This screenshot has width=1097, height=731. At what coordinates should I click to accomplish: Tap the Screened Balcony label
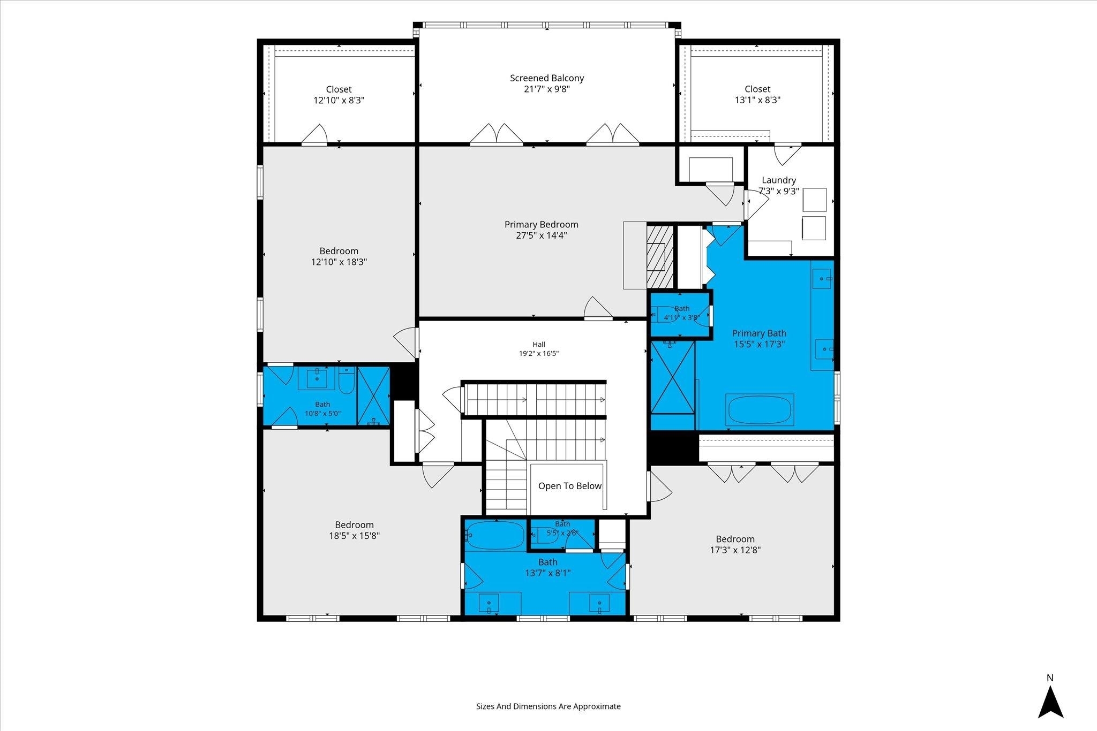pyautogui.click(x=547, y=78)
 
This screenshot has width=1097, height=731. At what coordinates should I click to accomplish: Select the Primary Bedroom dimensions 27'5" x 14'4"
pyautogui.click(x=541, y=235)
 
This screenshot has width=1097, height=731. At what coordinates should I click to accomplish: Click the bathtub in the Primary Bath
pyautogui.click(x=760, y=410)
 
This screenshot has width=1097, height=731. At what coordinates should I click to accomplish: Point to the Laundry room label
pyautogui.click(x=779, y=180)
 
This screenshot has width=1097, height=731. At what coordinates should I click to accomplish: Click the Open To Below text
pyautogui.click(x=570, y=486)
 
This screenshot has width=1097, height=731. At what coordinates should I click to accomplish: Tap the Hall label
pyautogui.click(x=539, y=344)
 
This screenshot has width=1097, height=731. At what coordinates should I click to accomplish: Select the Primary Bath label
pyautogui.click(x=760, y=333)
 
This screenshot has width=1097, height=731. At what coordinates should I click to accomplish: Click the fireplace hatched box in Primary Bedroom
pyautogui.click(x=659, y=256)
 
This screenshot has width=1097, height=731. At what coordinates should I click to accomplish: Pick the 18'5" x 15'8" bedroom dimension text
pyautogui.click(x=354, y=536)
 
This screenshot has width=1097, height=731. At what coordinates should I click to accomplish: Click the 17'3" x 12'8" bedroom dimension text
pyautogui.click(x=735, y=550)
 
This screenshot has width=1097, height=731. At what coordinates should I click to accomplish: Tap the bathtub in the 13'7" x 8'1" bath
pyautogui.click(x=494, y=535)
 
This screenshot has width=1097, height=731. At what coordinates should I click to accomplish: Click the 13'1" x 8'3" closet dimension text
pyautogui.click(x=757, y=100)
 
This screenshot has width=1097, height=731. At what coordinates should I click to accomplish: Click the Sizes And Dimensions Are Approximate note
pyautogui.click(x=548, y=706)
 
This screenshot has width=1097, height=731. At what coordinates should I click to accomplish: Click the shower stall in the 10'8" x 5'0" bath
pyautogui.click(x=373, y=396)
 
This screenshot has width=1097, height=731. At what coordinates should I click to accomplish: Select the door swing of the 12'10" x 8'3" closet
pyautogui.click(x=315, y=134)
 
